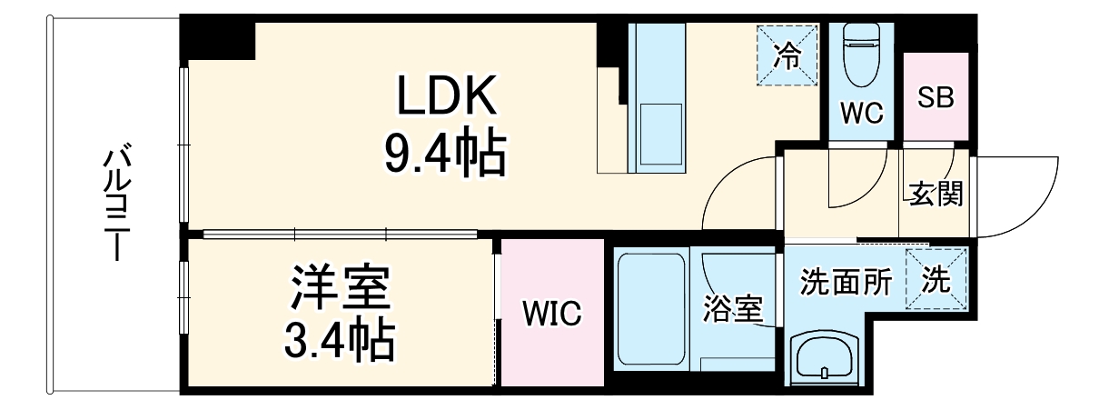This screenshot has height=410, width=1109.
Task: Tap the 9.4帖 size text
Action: click(445, 154)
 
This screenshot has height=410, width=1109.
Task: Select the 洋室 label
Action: click(341, 289)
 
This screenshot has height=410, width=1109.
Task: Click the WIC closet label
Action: click(551, 315)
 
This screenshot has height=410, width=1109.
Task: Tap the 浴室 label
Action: click(732, 309)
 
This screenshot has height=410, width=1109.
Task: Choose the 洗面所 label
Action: click(845, 283)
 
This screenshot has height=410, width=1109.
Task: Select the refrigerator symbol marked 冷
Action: click(787, 56)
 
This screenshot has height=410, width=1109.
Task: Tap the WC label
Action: click(861, 113)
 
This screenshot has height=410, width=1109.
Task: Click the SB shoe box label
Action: click(935, 98)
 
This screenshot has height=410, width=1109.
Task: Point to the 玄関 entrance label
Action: click(935, 194)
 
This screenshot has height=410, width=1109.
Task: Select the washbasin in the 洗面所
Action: click(824, 358)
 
